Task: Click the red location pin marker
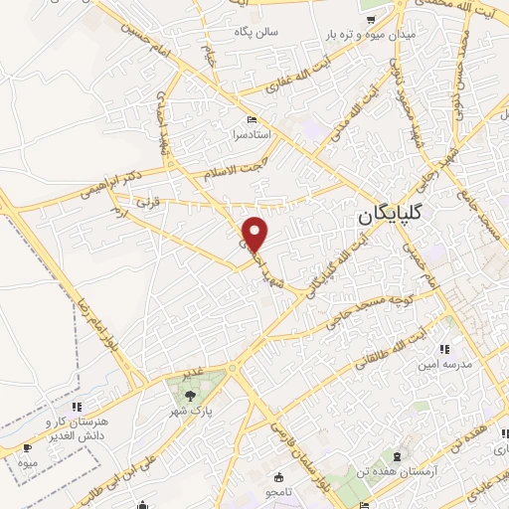click(x=256, y=234)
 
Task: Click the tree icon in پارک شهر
click(x=188, y=395)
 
